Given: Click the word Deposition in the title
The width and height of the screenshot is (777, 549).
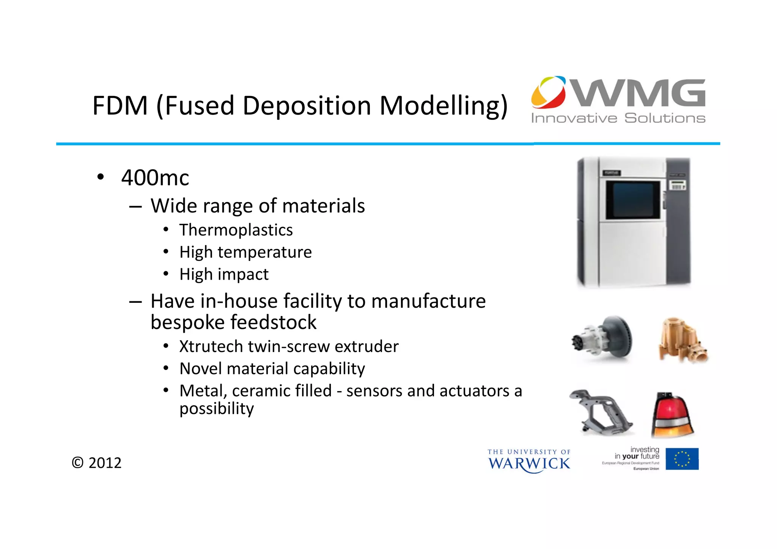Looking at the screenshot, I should pos(307,106).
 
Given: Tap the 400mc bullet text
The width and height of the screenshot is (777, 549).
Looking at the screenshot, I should pos(155,178).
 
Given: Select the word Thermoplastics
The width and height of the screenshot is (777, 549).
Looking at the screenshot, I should pos(236,230).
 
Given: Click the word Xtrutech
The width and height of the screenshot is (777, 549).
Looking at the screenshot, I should pos(211,346).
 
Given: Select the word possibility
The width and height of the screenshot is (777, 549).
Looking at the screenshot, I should pos(217,409).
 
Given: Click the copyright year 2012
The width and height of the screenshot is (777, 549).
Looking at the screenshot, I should pos(105,463).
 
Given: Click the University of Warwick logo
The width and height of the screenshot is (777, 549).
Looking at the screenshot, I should pos(529,461).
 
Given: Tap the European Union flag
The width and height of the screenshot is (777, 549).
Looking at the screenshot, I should pos(682,459).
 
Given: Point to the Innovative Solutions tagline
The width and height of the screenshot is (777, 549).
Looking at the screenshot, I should pos(618,118).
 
